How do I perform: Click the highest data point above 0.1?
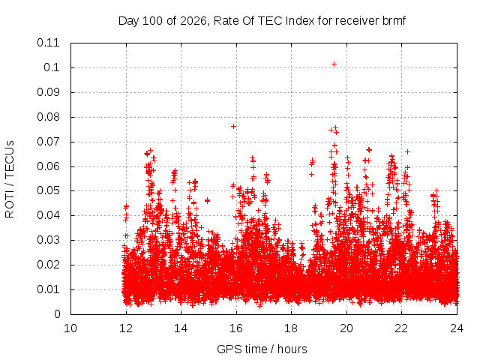tap(334, 64)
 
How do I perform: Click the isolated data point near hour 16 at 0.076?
tap(233, 127)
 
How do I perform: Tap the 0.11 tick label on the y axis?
tap(48, 43)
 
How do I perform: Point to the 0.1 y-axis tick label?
tap(52, 67)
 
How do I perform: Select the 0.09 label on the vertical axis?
tap(48, 92)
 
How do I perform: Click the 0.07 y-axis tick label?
tap(48, 142)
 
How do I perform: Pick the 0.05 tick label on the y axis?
tap(48, 190)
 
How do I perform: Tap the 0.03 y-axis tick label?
tap(48, 240)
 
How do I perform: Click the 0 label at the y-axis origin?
tap(57, 314)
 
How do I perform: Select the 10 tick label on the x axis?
tap(70, 328)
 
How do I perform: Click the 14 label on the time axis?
tap(181, 328)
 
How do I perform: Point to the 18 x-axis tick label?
tap(291, 328)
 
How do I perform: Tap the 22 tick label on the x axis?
tap(401, 328)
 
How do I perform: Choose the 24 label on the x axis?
tap(457, 328)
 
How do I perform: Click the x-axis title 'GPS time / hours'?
tap(262, 349)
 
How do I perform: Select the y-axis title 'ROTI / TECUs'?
tap(10, 179)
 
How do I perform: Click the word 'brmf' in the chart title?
tap(394, 21)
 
